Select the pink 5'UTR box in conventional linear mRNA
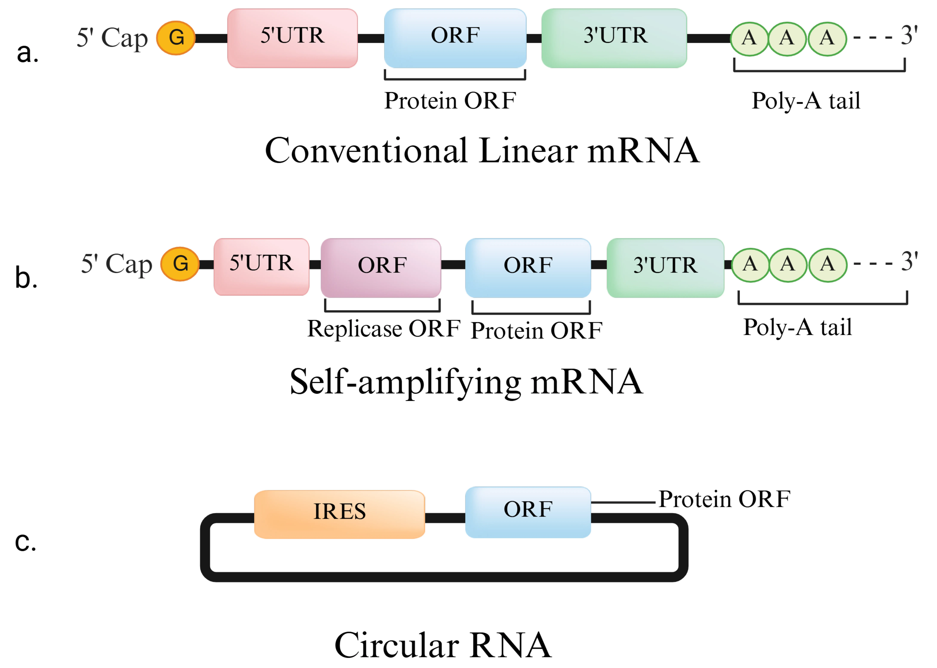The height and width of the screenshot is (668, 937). click(x=292, y=38)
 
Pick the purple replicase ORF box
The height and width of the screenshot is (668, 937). click(x=381, y=268)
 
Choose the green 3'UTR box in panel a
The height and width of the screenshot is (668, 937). click(x=614, y=38)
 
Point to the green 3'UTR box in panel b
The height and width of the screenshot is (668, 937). click(x=665, y=268)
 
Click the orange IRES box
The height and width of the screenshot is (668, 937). click(x=339, y=514)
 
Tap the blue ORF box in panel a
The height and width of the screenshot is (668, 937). click(x=455, y=38)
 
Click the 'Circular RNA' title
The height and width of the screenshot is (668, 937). click(x=443, y=645)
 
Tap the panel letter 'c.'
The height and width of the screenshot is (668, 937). click(x=25, y=541)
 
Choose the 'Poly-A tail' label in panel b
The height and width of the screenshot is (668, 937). click(x=797, y=327)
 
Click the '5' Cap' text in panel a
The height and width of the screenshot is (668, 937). click(x=112, y=38)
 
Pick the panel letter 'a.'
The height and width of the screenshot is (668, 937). click(x=28, y=53)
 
